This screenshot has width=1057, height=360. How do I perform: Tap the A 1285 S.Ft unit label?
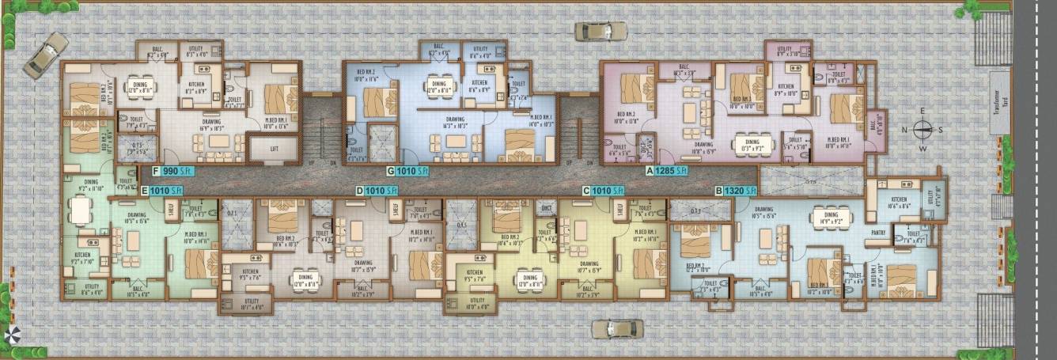(668, 170)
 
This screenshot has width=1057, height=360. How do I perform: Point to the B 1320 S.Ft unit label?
(737, 190)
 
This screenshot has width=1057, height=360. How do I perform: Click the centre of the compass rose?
(923, 129)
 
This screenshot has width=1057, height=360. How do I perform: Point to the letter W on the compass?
(923, 147)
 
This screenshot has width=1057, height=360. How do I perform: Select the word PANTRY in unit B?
(877, 233)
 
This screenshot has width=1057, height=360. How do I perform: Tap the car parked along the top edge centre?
(600, 31)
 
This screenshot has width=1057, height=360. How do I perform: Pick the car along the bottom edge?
(617, 328)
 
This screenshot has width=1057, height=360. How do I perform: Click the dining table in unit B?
(830, 227)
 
